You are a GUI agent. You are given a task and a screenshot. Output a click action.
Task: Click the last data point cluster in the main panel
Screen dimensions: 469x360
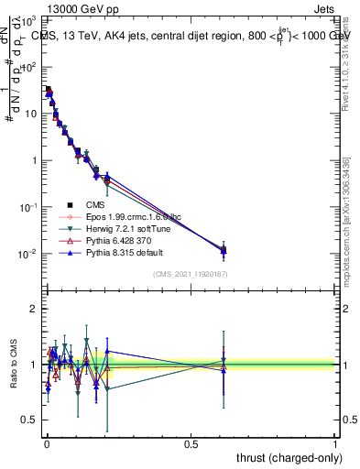click(x=224, y=249)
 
